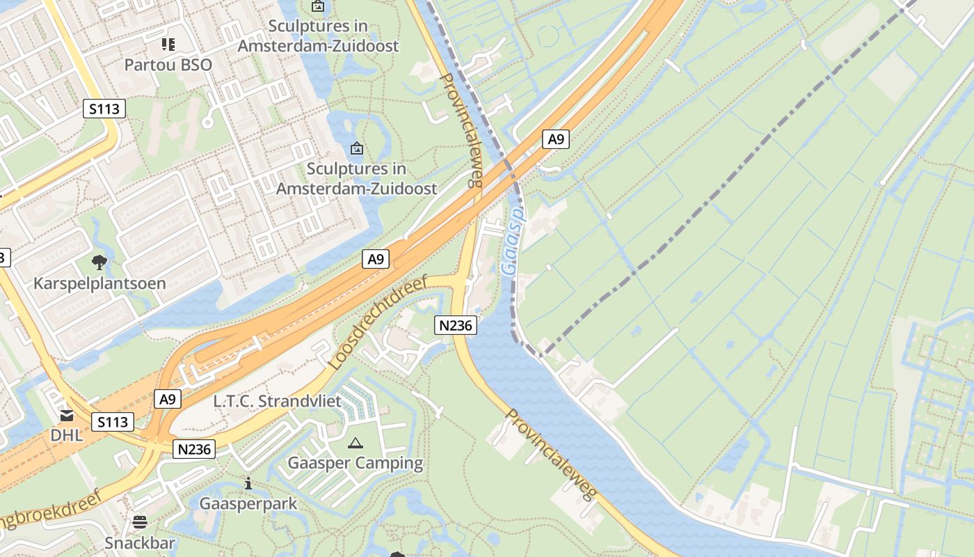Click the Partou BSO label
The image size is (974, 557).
168,65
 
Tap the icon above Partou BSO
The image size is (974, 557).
168,45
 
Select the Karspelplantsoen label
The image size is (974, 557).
99,283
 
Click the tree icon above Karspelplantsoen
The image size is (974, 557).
99,262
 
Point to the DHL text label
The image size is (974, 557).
66,436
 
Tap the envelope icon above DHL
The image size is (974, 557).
67,416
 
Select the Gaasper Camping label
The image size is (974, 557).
355,463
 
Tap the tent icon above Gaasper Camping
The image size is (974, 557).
356,443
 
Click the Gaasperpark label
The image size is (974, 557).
248,503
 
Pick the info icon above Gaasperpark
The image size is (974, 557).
248,483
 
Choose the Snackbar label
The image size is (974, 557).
140,543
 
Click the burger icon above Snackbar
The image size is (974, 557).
140,522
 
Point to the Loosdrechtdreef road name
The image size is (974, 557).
376,322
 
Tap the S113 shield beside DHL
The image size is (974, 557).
113,422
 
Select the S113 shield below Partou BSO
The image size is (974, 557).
104,109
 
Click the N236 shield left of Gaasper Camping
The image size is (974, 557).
194,449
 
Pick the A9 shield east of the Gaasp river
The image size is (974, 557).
555,139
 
